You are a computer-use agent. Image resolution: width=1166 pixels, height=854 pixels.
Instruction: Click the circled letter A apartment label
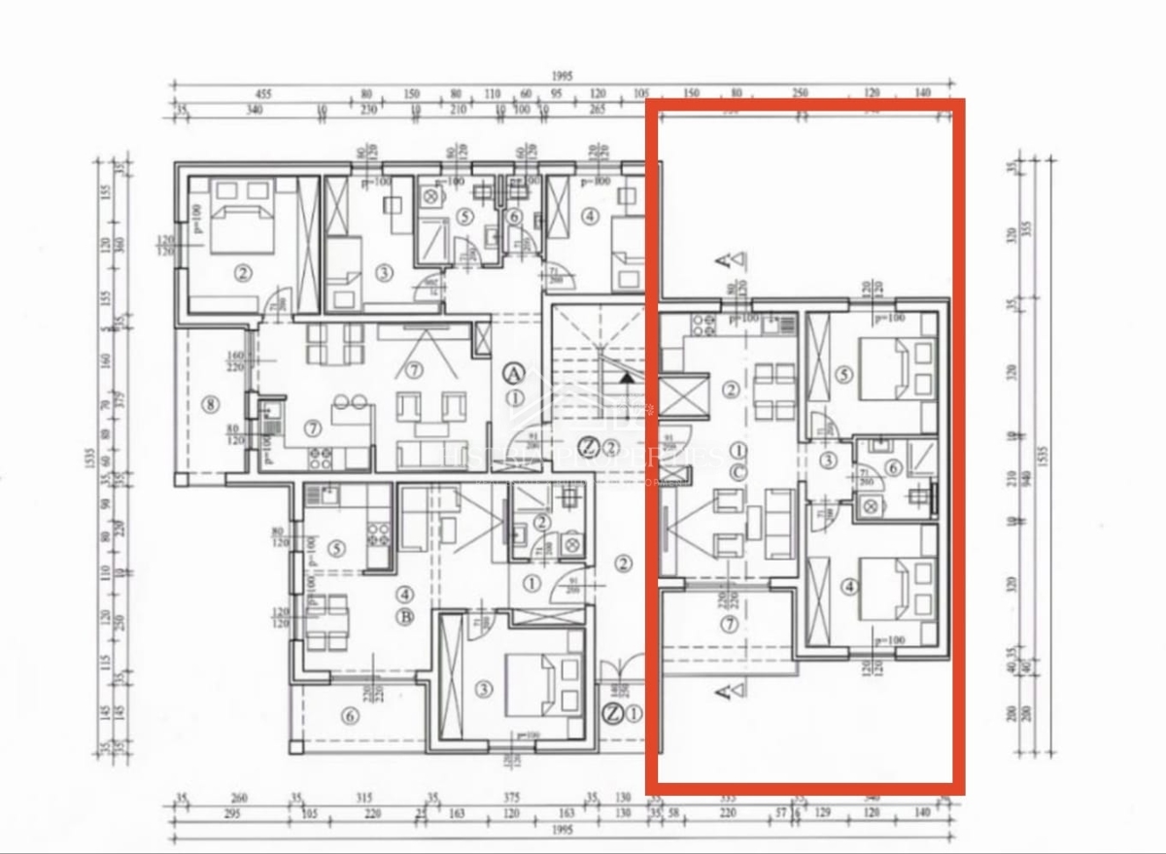514,372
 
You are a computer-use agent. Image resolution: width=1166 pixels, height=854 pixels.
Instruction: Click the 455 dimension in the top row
263,94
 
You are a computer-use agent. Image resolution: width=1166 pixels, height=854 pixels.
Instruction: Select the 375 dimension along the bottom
512,799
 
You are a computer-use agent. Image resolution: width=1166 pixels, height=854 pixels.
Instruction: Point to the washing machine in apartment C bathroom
870,503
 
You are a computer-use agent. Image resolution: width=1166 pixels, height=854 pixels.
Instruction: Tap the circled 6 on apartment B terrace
350,717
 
